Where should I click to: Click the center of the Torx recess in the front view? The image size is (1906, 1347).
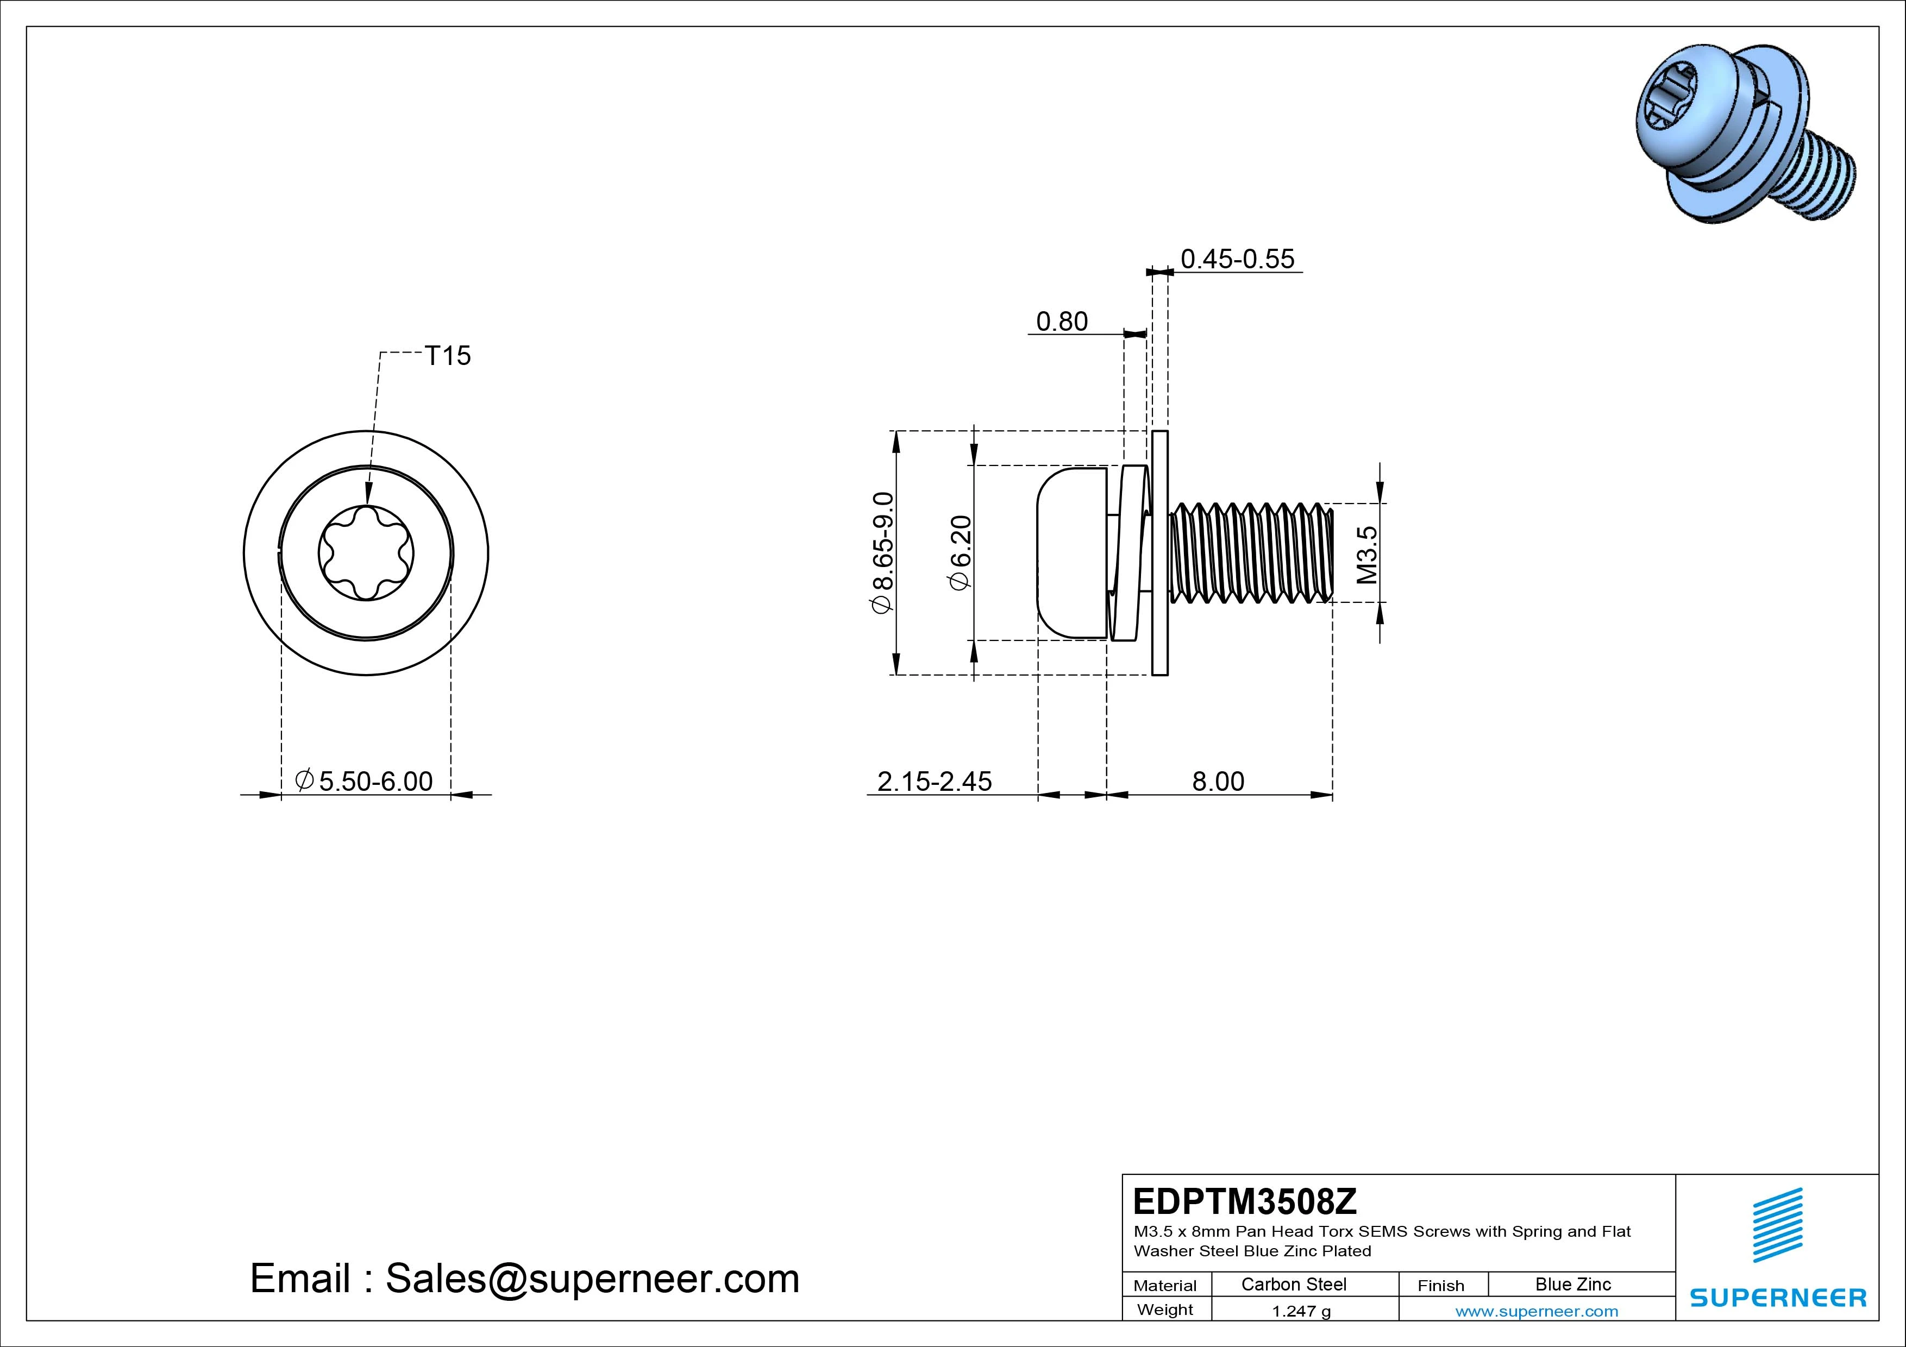[366, 553]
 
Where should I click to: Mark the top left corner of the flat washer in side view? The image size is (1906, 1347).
[1152, 432]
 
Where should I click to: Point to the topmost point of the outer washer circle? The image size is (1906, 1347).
[366, 431]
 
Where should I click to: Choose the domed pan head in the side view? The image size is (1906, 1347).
[1071, 553]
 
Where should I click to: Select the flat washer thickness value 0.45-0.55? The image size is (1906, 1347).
[1237, 259]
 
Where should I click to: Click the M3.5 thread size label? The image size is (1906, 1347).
[1366, 555]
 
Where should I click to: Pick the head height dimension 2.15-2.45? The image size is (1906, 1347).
[934, 781]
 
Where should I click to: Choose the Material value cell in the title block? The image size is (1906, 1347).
[1293, 1284]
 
